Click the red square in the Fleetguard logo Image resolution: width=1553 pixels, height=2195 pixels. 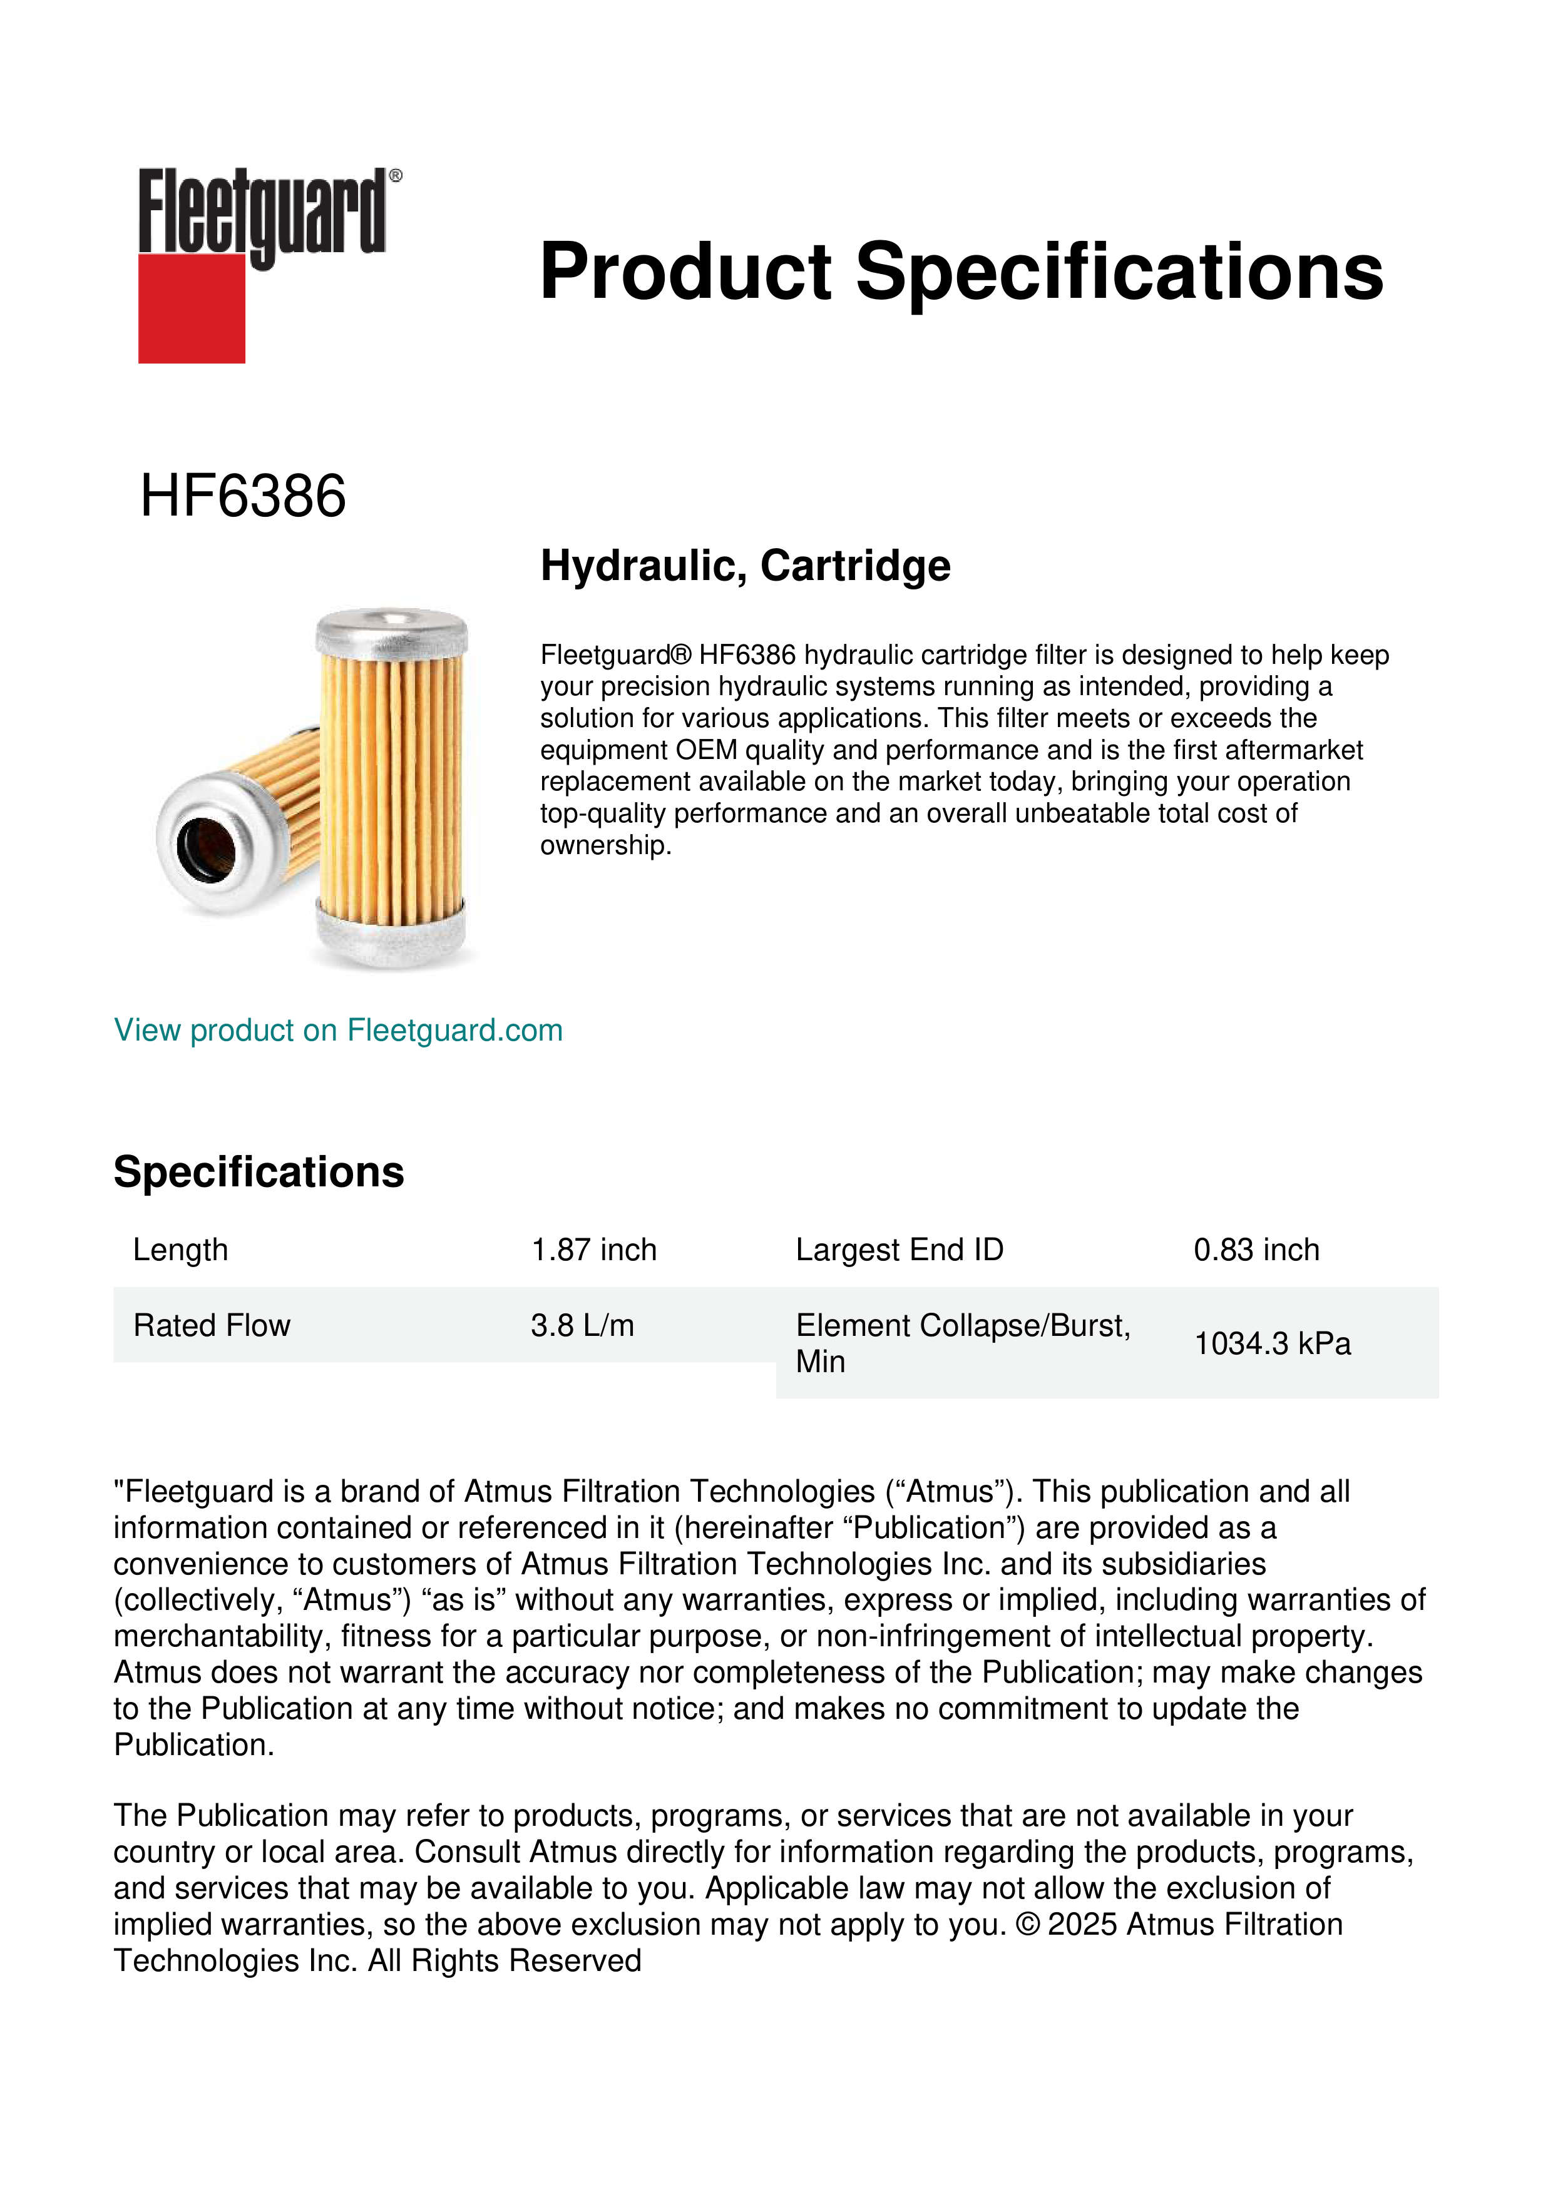tap(192, 308)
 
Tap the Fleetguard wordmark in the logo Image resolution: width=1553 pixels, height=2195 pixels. tap(263, 210)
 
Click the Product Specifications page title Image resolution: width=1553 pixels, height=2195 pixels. tap(961, 272)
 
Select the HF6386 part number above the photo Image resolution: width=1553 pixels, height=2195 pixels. tap(243, 496)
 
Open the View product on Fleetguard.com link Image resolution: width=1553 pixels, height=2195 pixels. tap(337, 1030)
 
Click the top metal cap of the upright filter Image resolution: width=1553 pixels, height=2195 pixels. tap(391, 631)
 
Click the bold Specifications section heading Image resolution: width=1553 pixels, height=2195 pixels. tap(258, 1172)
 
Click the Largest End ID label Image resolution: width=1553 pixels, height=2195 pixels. tap(899, 1250)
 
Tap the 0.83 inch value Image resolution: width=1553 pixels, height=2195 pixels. tap(1256, 1250)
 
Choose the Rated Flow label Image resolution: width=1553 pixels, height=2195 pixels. tap(212, 1325)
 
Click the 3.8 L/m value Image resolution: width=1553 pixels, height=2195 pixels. tap(582, 1325)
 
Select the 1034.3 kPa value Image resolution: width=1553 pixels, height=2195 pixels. tap(1272, 1343)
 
